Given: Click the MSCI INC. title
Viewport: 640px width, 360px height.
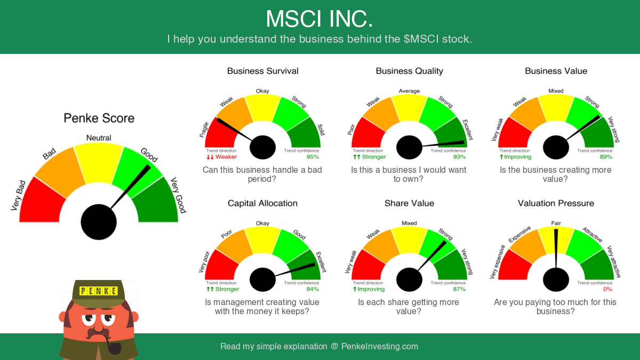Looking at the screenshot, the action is pyautogui.click(x=319, y=19).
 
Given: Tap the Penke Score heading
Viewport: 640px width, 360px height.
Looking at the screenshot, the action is pyautogui.click(x=99, y=118).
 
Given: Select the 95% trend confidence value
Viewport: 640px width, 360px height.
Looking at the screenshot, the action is pyautogui.click(x=313, y=157).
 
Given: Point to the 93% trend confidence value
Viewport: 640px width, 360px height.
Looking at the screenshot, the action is pyautogui.click(x=459, y=157).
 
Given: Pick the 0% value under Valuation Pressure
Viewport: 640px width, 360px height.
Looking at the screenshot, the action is pyautogui.click(x=607, y=289).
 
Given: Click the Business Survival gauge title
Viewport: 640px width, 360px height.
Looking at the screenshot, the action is pyautogui.click(x=262, y=71).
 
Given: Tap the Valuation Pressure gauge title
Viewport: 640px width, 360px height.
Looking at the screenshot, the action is pyautogui.click(x=556, y=203).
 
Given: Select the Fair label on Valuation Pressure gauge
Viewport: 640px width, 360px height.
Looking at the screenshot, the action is pyautogui.click(x=556, y=223).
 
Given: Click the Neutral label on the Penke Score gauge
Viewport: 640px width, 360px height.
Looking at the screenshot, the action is pyautogui.click(x=99, y=138).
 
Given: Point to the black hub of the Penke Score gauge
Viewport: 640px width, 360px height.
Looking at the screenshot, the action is pyautogui.click(x=99, y=222).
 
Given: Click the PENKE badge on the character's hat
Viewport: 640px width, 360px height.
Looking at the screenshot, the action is pyautogui.click(x=99, y=291).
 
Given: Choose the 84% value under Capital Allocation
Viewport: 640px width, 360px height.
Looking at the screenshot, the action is pyautogui.click(x=313, y=289).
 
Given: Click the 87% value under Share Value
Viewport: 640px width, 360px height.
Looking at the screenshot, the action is pyautogui.click(x=459, y=289).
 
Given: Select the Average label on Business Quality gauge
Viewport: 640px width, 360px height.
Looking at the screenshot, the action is pyautogui.click(x=409, y=91).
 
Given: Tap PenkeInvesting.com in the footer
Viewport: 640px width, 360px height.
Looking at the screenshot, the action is pyautogui.click(x=379, y=346).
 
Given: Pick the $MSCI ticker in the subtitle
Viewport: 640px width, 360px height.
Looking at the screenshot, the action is pyautogui.click(x=421, y=39).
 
